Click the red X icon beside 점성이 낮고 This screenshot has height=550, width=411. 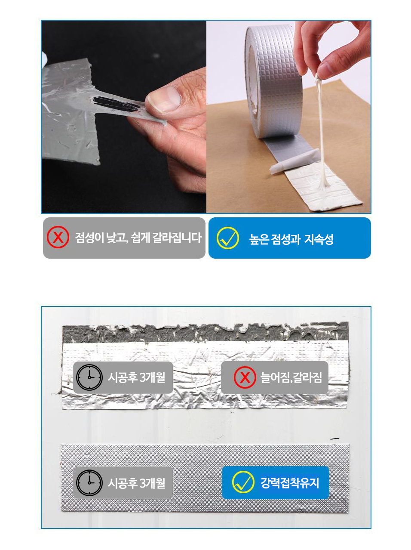click(x=58, y=237)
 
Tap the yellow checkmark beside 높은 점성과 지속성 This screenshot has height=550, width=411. click(x=227, y=238)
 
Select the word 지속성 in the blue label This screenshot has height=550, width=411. click(x=319, y=239)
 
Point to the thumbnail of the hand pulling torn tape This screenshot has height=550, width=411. click(x=124, y=117)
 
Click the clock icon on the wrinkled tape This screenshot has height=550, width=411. click(x=89, y=377)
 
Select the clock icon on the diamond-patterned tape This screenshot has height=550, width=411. click(x=89, y=483)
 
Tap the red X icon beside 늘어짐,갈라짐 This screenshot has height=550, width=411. click(x=245, y=377)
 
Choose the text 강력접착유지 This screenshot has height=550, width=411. click(x=290, y=482)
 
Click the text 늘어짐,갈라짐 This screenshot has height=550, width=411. click(x=291, y=377)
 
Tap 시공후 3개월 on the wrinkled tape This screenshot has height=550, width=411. click(x=136, y=377)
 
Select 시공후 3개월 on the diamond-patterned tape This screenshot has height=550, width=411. click(x=136, y=483)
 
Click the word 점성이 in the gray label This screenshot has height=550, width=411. click(x=89, y=238)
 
